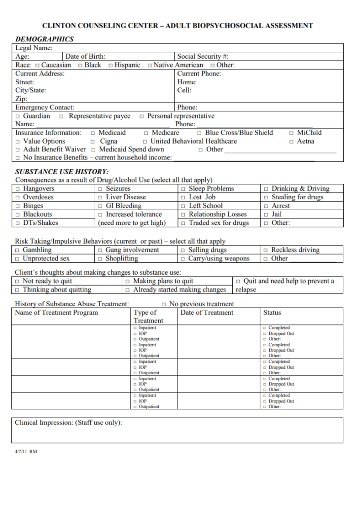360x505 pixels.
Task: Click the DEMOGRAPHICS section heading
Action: (44, 39)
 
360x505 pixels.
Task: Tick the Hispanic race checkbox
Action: (111, 65)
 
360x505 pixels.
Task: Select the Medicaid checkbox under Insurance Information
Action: (93, 133)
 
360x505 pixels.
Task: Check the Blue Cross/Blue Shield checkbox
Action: (199, 133)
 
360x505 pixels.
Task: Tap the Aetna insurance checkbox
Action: (291, 142)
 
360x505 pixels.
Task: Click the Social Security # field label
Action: (203, 57)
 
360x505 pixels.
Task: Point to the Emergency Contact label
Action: (45, 108)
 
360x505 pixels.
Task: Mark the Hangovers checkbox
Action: (18, 189)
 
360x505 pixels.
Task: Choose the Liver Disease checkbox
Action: (101, 197)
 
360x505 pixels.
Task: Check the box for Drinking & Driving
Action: (266, 189)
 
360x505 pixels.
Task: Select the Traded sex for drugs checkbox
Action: (183, 223)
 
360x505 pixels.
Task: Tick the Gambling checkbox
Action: (18, 250)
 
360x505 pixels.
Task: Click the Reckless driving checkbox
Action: (266, 250)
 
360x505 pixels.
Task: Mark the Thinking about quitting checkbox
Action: (18, 290)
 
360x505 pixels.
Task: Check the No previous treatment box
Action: (164, 304)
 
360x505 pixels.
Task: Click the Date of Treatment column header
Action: (207, 313)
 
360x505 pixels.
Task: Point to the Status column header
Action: (272, 313)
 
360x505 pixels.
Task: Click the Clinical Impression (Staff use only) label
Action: (68, 423)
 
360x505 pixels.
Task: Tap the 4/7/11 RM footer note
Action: (26, 451)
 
